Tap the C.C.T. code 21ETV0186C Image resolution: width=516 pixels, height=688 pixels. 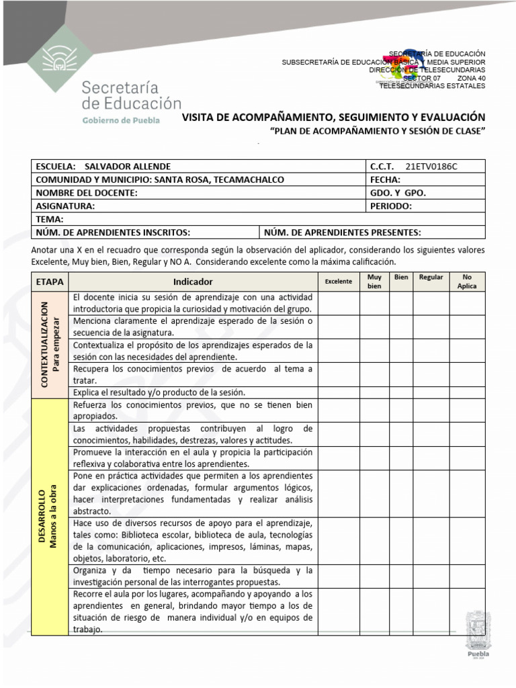coord(435,166)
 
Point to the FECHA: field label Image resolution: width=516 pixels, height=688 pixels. coord(386,179)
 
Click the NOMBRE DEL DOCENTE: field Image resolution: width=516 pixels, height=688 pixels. coord(86,193)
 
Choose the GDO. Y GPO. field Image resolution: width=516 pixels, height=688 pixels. coord(398,193)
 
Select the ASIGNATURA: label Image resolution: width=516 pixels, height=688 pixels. coord(64,206)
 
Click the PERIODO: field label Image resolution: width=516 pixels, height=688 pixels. coord(391,206)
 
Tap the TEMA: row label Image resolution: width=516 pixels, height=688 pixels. coord(49,219)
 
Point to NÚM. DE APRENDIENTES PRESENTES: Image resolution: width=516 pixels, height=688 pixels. coord(342,232)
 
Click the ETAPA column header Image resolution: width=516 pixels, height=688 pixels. coord(50,282)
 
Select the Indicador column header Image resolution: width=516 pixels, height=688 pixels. coord(193,282)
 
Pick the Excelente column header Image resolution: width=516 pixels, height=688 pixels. coord(338,282)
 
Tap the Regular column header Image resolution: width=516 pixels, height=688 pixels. coord(431,277)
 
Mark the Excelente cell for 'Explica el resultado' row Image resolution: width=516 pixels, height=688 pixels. coord(338,392)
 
